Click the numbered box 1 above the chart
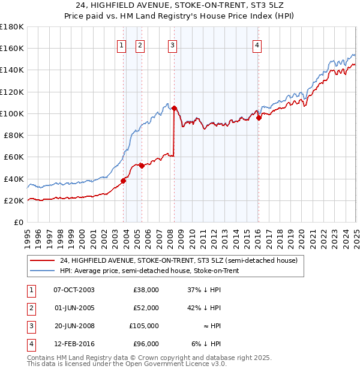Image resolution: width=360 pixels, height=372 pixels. pyautogui.click(x=122, y=44)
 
